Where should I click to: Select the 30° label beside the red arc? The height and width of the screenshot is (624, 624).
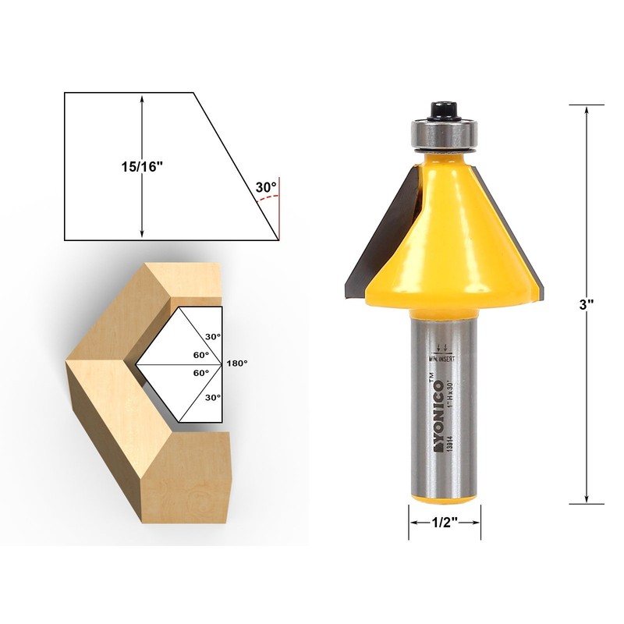(265, 187)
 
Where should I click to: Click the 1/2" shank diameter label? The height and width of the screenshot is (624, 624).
(445, 524)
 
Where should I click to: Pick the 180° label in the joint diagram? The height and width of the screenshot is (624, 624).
(236, 363)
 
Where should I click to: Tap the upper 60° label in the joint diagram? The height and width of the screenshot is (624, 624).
(201, 354)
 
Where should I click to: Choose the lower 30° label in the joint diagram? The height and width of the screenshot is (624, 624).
(212, 397)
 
